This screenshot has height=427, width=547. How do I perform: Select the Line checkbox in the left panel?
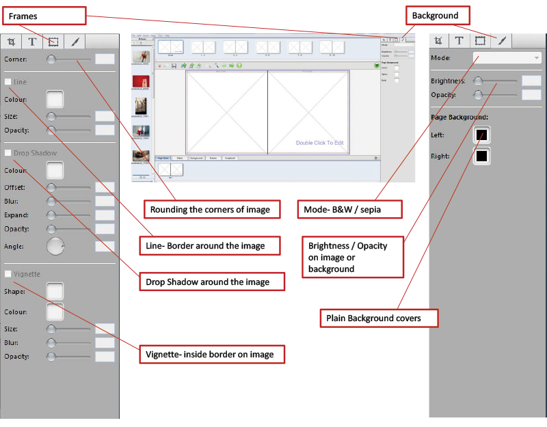pos(8,82)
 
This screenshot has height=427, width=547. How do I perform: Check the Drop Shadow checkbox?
pos(8,153)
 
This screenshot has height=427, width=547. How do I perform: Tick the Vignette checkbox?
pos(8,274)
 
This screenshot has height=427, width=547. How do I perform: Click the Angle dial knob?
pos(55,246)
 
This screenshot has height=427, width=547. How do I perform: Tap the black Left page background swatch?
pos(481,135)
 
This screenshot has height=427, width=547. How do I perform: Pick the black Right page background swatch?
pos(481,156)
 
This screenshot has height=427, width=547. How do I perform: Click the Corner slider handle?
pos(51,59)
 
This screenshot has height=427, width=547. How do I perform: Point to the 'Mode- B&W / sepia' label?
pos(349,209)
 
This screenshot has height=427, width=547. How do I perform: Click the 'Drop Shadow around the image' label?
pos(213,281)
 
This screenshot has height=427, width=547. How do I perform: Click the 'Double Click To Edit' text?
pos(319,143)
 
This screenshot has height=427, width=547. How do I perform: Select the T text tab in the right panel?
pos(459,40)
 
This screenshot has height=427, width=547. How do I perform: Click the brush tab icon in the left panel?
pos(75,42)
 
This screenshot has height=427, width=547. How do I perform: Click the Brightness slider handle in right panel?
pos(479,81)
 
